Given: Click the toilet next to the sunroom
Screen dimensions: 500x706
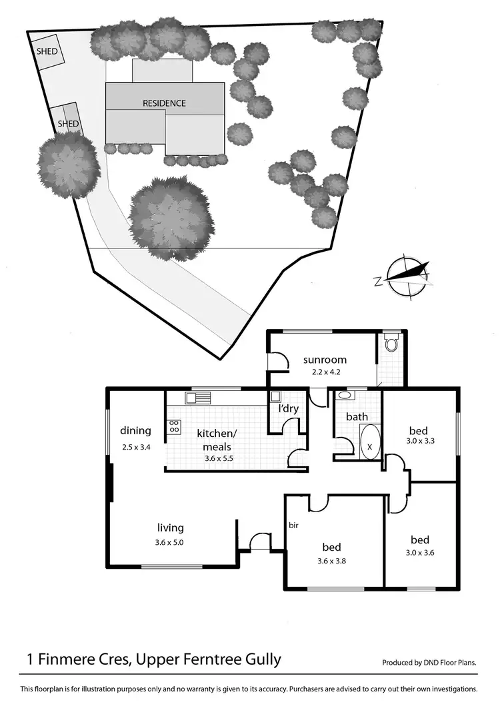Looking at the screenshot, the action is [x=392, y=344].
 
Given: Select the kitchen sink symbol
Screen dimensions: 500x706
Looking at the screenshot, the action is [x=198, y=398].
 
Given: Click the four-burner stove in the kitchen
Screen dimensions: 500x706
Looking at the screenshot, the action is [x=174, y=426].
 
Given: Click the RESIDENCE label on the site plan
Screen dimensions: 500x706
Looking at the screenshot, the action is [x=164, y=103].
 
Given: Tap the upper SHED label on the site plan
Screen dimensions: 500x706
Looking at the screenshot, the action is [x=46, y=51].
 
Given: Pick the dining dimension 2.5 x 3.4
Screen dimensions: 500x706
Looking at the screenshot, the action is [x=135, y=447].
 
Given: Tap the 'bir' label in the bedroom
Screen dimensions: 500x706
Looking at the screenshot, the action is [x=293, y=526].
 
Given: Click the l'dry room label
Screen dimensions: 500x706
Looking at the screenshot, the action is [x=289, y=408].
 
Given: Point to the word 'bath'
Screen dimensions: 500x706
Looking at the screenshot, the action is [x=357, y=417].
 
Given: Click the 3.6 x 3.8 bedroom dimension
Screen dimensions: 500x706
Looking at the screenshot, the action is [x=331, y=560].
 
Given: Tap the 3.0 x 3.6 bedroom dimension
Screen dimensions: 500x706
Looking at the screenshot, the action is [x=419, y=552].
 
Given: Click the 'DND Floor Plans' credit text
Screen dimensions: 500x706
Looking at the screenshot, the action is [x=451, y=663].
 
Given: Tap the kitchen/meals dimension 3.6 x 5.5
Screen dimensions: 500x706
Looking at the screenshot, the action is [x=217, y=459].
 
